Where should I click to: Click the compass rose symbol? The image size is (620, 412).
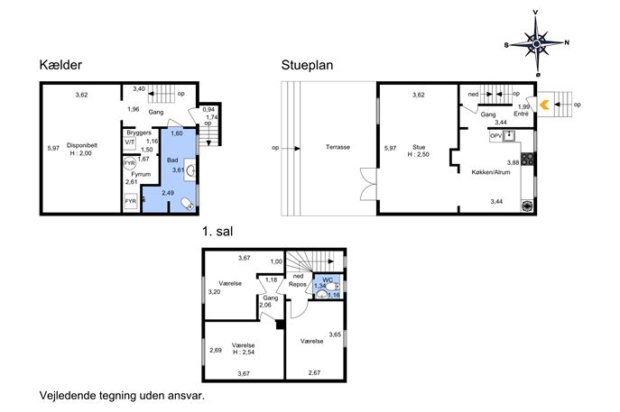point(536,43)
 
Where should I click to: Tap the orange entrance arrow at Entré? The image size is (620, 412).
point(544,105)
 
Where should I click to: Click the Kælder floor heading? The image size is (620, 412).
point(60,65)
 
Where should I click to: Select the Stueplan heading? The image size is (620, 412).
point(307,65)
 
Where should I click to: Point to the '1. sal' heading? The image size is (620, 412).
point(217,231)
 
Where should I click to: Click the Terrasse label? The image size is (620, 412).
point(338,147)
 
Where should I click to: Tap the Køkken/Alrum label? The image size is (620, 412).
point(491,172)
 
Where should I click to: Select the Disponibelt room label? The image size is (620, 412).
point(82,145)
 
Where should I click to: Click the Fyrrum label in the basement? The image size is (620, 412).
point(141,174)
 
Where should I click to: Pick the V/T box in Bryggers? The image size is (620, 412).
point(130,142)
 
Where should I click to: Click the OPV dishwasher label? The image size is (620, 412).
point(495,136)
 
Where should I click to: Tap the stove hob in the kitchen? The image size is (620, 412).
point(527,159)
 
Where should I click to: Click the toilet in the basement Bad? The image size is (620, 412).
point(188,204)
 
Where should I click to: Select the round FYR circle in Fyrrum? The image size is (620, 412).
point(130,163)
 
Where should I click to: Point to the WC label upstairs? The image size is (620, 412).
point(328,279)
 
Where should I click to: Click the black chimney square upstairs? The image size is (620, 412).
point(281,324)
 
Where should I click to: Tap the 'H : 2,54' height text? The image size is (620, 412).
point(243,352)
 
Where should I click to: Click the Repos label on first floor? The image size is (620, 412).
point(297,284)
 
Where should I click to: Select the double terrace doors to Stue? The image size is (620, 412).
point(368,184)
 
